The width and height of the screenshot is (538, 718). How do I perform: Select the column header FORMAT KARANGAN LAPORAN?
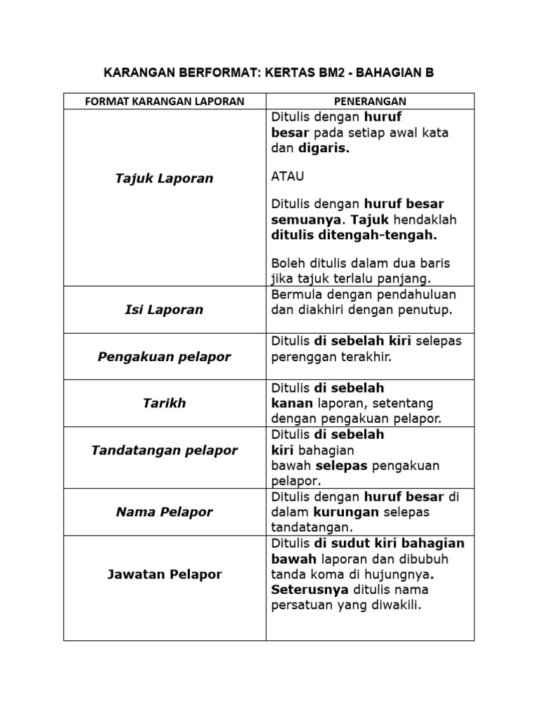click(x=165, y=101)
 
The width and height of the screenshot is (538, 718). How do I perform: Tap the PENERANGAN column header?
click(x=370, y=101)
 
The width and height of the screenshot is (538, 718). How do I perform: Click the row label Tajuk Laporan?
click(x=165, y=179)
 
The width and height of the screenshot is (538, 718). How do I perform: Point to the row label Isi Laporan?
click(x=165, y=309)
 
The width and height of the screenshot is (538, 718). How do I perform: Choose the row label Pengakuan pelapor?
click(x=165, y=357)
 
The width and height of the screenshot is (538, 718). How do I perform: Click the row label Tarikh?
click(x=165, y=403)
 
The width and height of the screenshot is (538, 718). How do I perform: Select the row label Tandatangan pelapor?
click(x=165, y=450)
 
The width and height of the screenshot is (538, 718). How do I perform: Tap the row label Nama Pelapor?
click(x=165, y=512)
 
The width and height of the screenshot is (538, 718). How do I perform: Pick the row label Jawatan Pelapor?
click(x=165, y=574)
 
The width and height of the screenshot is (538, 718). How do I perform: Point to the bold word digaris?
click(x=324, y=148)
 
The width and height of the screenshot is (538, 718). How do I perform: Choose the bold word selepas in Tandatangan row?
click(x=341, y=466)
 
